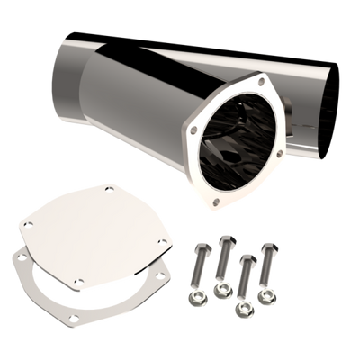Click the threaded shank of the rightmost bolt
tap(265, 269)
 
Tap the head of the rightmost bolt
tap(265, 246)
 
